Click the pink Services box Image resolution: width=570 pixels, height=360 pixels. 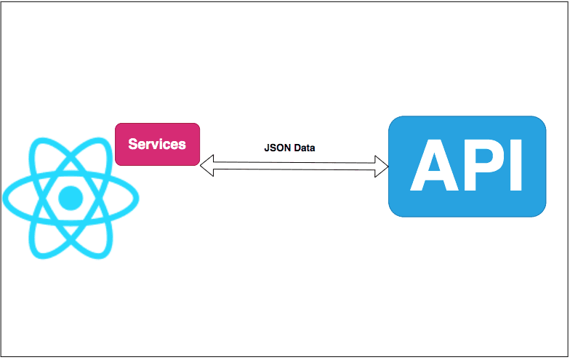[x=157, y=144]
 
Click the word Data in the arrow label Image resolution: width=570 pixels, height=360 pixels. [x=304, y=147]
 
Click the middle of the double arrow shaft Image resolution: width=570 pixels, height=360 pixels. [x=294, y=166]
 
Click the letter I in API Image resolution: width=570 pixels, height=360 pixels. [x=515, y=166]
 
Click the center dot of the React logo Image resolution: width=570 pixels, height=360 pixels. [x=71, y=197]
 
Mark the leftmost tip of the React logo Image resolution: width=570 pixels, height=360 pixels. [x=4, y=197]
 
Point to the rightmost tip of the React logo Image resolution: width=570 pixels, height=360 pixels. [x=137, y=197]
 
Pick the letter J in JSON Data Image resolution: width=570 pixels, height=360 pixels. [x=267, y=147]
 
